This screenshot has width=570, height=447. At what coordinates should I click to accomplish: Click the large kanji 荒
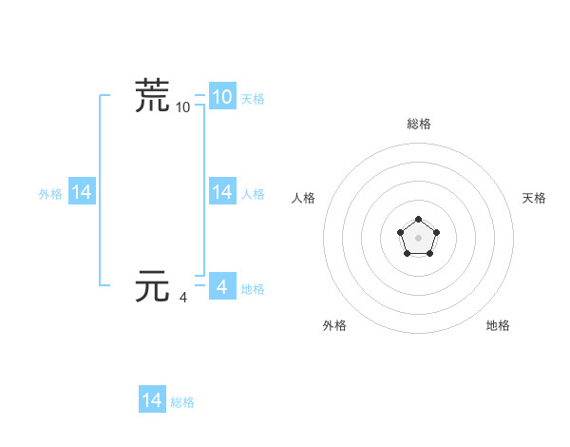click(152, 96)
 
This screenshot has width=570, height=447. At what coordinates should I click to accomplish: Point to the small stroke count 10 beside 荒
click(183, 107)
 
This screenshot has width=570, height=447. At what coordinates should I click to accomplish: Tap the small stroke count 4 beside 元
click(183, 298)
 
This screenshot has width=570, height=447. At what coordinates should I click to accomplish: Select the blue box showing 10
click(221, 96)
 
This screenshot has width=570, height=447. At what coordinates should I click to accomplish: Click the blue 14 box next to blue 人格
click(222, 192)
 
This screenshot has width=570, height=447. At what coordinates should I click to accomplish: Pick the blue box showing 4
click(221, 285)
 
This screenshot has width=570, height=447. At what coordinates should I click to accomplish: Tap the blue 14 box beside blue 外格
click(82, 192)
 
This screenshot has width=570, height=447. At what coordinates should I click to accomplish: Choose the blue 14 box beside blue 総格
click(152, 400)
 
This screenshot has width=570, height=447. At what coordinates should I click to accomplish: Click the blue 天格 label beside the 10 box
click(253, 98)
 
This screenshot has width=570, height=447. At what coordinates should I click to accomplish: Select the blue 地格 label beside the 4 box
click(253, 288)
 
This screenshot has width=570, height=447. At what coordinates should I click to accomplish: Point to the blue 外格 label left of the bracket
click(50, 194)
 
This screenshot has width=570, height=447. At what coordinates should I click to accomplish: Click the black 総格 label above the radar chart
click(418, 124)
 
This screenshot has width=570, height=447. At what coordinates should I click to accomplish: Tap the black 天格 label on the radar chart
click(534, 198)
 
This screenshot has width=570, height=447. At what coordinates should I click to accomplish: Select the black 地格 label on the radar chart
click(498, 325)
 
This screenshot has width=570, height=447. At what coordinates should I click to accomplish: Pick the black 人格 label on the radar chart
click(303, 198)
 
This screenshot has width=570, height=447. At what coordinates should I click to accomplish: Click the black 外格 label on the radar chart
click(334, 325)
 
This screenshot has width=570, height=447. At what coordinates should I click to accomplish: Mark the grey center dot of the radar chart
click(418, 237)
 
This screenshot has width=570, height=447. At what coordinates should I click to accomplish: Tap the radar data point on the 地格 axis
click(429, 253)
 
